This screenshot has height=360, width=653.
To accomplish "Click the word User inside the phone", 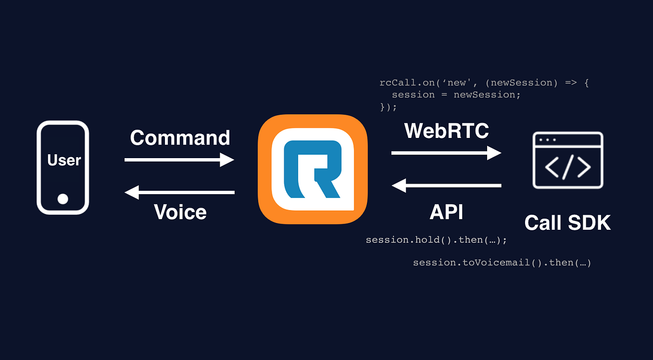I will pos(64,160).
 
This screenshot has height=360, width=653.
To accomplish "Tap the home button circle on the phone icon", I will pos(63,199).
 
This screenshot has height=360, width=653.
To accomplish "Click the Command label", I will pos(180,138).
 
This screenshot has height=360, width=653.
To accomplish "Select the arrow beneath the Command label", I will pos(179,160).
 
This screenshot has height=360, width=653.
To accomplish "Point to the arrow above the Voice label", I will pos(179,192).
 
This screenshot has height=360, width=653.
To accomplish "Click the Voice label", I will pos(180,212).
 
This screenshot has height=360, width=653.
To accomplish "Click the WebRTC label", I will pos(447,131).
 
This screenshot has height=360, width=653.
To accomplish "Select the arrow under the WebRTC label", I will pos(446,153).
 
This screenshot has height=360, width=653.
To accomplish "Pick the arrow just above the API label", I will pos(446,185).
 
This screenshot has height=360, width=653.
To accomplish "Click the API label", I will pos(446,212).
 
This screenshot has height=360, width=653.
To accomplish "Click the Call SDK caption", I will pos(567,223).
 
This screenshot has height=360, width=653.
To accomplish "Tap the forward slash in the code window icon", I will pos(568,167).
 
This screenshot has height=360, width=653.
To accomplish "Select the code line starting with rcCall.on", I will pos(484,83).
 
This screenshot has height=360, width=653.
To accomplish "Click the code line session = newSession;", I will pos(456,95).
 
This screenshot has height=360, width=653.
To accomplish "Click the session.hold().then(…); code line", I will pos(436,239).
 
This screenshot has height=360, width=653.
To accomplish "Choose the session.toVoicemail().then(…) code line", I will pos(502,263).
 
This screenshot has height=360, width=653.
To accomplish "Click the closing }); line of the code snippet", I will pos(389,107).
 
